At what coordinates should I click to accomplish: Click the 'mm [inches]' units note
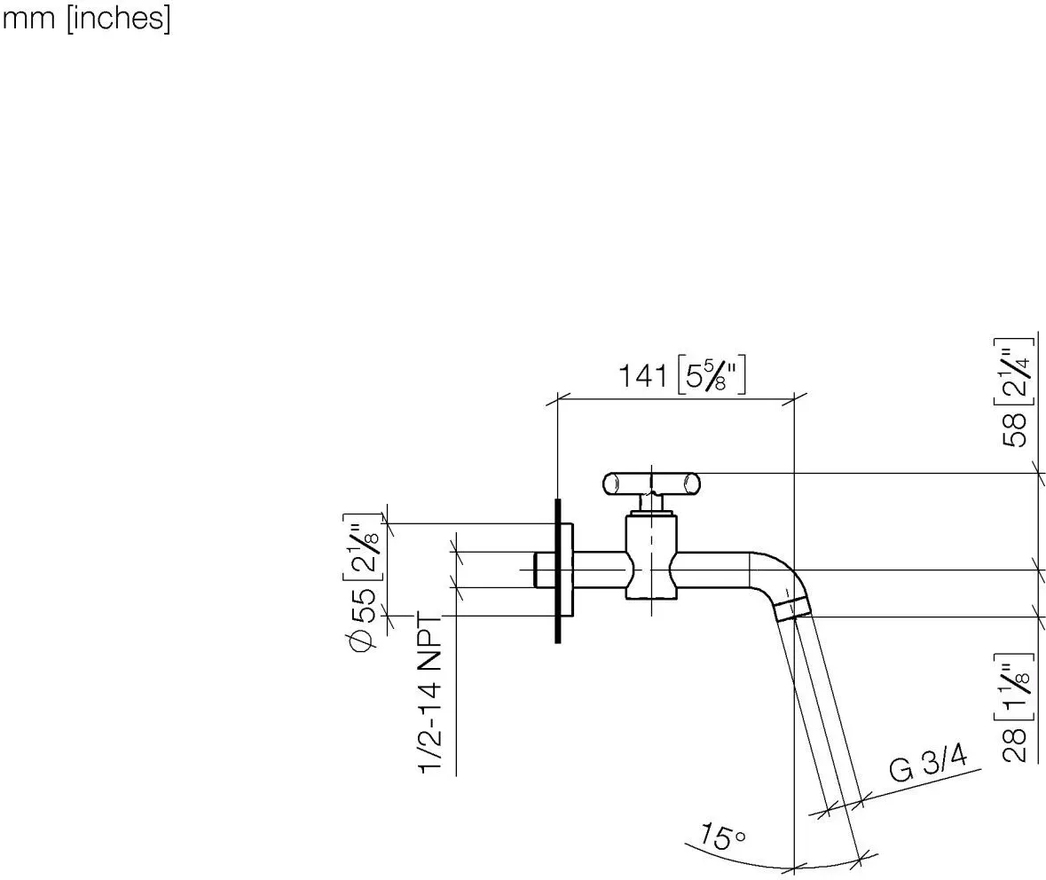[x=86, y=18]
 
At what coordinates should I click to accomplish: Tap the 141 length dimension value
[x=642, y=376]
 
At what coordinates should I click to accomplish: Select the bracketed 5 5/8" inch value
[x=711, y=375]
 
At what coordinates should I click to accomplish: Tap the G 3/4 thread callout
[x=928, y=764]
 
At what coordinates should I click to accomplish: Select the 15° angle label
[x=722, y=836]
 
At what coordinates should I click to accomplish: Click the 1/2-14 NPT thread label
[x=431, y=694]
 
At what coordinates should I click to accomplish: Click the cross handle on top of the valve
[x=651, y=483]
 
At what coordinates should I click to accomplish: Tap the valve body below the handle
[x=651, y=556]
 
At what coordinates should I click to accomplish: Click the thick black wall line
[x=558, y=571]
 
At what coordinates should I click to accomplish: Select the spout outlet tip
[x=792, y=609]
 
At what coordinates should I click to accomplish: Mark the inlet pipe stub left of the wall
[x=544, y=570]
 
